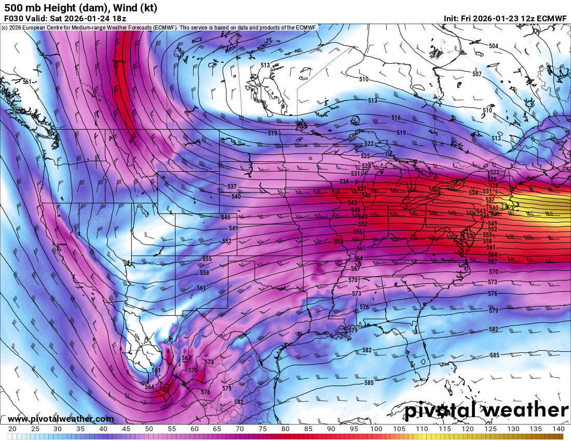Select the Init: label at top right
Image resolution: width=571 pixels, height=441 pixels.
451,18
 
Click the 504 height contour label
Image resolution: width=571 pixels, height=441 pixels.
493,46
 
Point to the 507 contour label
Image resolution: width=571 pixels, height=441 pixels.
477,74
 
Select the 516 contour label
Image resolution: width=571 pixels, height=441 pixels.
396,118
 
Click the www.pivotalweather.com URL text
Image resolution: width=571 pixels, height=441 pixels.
61,419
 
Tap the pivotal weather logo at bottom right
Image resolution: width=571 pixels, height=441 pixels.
487,410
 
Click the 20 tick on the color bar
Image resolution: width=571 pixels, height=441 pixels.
12,429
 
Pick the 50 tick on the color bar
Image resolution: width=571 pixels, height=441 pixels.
149,429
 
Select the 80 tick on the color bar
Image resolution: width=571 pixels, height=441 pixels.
285,429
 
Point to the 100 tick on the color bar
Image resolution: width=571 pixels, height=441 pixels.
376,429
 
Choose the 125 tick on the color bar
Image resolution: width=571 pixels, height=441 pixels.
490,429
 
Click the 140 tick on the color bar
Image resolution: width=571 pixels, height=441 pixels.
558,429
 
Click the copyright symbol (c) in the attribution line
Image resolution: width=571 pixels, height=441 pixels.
4,27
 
